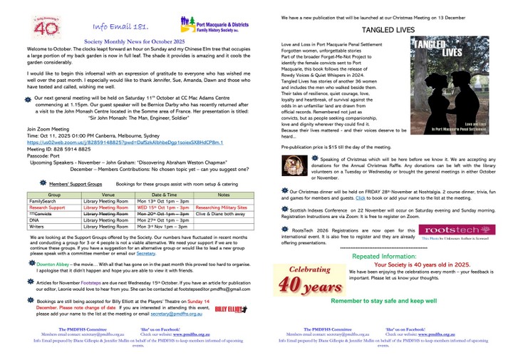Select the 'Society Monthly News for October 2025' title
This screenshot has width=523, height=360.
(x=134, y=43)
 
